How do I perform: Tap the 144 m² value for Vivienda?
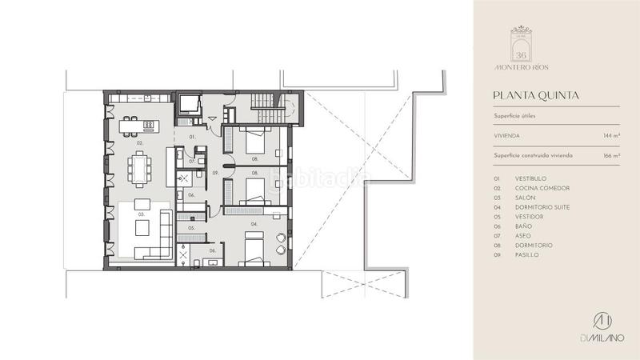coord(612,137)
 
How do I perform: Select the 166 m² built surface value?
coord(612,156)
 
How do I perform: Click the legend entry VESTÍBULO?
coord(531,178)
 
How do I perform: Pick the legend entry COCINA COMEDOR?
coord(542,188)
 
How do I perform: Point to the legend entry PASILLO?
coord(527,254)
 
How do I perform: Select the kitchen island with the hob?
coord(138,126)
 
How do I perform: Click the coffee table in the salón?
coord(141,230)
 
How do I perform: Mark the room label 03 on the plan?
coord(140,215)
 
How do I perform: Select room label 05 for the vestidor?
coord(191,229)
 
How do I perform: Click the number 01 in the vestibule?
coord(193,138)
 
